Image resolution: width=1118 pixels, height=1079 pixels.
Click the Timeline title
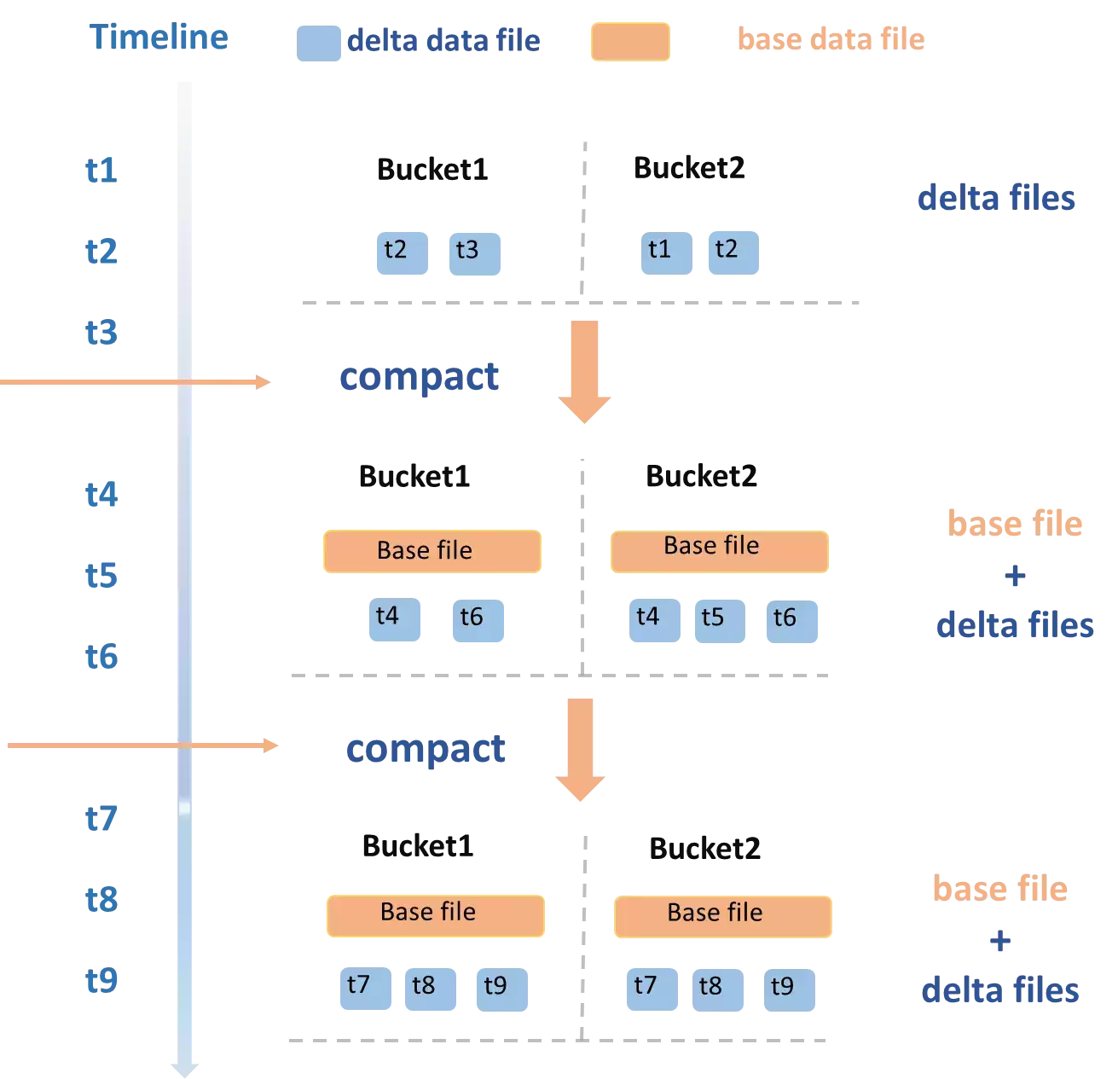[x=159, y=37]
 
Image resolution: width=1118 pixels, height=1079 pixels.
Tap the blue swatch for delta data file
[x=318, y=44]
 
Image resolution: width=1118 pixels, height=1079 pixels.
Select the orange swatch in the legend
[x=630, y=41]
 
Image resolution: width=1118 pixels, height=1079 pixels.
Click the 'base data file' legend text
[x=831, y=39]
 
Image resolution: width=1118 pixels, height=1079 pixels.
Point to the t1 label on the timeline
[x=101, y=170]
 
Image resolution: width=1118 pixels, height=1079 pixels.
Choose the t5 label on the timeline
[x=101, y=575]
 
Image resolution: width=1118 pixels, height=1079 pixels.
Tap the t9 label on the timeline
[x=101, y=979]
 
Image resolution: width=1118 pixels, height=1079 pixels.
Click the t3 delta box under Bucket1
[x=474, y=253]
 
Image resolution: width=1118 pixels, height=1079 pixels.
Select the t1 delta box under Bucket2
[x=666, y=252]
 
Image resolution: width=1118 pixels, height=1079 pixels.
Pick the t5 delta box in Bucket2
[x=720, y=621]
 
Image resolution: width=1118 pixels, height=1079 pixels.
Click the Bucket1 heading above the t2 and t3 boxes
[x=432, y=169]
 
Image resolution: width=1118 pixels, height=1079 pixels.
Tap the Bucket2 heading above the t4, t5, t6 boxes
[x=701, y=476]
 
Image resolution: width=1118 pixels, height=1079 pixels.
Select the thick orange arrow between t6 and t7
[x=580, y=750]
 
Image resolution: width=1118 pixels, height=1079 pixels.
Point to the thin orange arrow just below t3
[x=135, y=382]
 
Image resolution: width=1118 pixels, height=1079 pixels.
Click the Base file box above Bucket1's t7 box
[x=436, y=916]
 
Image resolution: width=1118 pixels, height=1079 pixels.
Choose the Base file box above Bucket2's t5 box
[x=719, y=552]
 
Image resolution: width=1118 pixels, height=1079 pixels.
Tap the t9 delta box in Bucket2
[x=790, y=990]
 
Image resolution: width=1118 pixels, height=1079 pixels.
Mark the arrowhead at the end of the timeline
[x=184, y=1070]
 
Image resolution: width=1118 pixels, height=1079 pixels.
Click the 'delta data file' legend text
[x=443, y=41]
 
